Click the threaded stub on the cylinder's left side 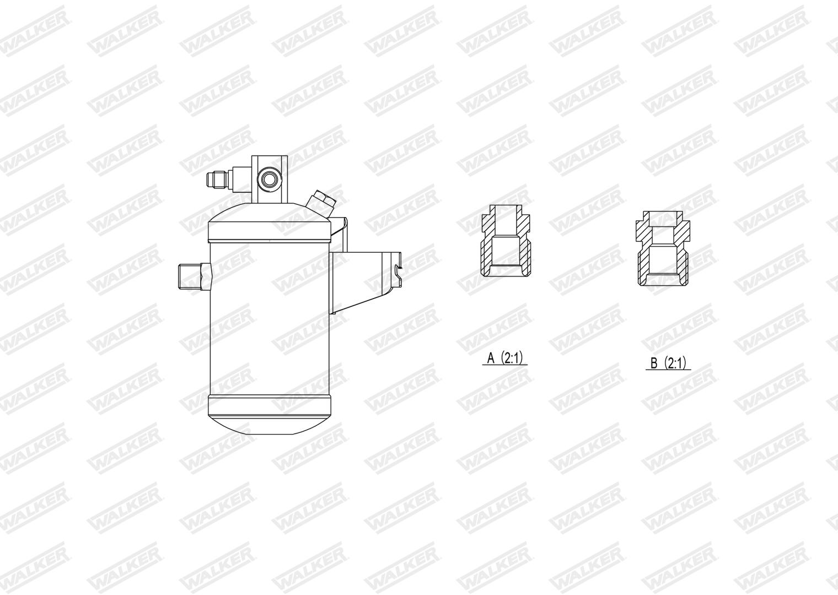[x=190, y=277]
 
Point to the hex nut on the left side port [x=206, y=277]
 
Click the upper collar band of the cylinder [x=270, y=231]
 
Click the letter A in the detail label [x=491, y=359]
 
